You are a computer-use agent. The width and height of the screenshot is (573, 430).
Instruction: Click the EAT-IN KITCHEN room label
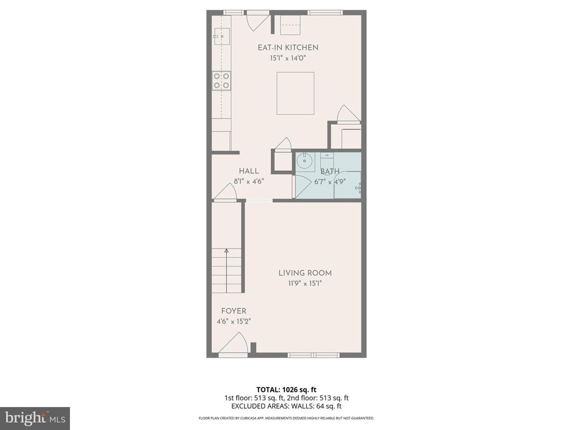[288, 48]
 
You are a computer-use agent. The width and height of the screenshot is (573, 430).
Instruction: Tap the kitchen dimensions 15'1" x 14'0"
[288, 58]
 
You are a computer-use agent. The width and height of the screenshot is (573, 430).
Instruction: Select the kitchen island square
[295, 93]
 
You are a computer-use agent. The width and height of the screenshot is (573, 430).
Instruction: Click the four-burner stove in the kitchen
[222, 81]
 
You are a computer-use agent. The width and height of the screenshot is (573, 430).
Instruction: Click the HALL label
[248, 171]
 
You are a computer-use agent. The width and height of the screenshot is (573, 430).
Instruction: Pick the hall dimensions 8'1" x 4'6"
[248, 181]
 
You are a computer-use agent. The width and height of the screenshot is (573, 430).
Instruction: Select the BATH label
[330, 171]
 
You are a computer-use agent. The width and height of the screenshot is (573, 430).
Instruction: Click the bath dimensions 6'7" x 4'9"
[330, 181]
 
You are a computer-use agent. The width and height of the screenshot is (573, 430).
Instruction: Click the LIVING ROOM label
[305, 273]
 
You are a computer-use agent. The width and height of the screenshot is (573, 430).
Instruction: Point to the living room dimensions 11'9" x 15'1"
[305, 283]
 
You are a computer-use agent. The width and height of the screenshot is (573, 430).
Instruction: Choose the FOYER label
[233, 311]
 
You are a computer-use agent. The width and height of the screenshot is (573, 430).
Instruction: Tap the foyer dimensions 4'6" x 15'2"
[233, 321]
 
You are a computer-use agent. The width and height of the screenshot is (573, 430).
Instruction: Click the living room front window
[313, 354]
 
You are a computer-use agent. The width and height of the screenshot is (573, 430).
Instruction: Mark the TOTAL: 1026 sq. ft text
[286, 389]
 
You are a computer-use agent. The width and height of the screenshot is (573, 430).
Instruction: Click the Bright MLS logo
[34, 418]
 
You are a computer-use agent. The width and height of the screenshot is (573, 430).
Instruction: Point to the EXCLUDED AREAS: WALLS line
[286, 406]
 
